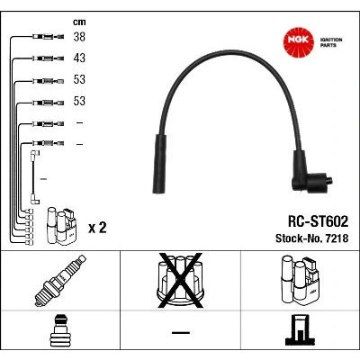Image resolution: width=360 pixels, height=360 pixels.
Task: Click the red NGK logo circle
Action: (299, 41)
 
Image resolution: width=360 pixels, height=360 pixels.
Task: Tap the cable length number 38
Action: (79, 37)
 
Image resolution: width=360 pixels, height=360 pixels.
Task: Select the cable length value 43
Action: (79, 58)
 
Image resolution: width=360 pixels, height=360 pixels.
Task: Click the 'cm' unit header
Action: (79, 22)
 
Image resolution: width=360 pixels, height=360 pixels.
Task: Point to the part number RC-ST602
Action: (318, 221)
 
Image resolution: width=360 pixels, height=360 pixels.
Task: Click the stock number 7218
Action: (335, 238)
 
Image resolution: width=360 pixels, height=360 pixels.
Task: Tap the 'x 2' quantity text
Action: (97, 228)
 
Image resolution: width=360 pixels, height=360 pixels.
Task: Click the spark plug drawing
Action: (60, 281)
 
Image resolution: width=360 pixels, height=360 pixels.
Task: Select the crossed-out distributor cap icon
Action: (180, 281)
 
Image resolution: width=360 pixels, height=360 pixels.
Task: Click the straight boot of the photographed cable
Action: (159, 164)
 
